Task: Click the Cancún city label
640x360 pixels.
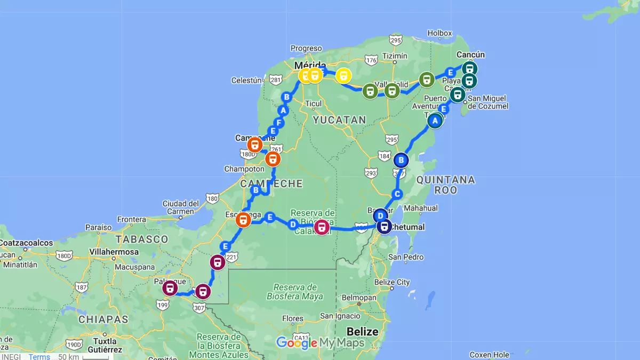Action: [471, 55]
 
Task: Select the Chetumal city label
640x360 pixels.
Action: [409, 227]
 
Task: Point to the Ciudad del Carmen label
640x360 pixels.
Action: [181, 207]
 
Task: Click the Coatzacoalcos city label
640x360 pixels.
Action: [27, 243]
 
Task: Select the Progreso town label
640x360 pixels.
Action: [307, 49]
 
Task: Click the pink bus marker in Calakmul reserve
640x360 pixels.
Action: [322, 228]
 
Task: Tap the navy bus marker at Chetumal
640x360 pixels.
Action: [384, 227]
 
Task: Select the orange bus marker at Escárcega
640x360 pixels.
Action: [243, 219]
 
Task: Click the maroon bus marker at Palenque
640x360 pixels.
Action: [170, 289]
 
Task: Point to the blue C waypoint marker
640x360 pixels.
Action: [397, 194]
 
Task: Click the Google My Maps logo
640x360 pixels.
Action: [320, 343]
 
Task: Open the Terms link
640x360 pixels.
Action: [39, 357]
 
